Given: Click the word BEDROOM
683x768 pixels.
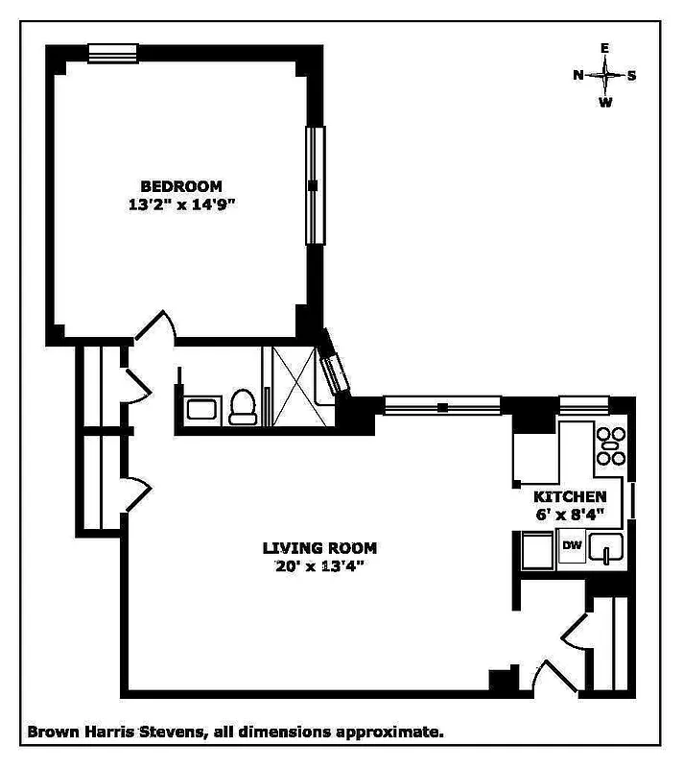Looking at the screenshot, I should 181,186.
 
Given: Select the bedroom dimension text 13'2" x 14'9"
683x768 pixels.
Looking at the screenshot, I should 181,204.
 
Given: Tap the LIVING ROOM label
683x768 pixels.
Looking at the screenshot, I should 319,548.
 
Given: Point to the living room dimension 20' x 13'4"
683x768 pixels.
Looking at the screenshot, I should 319,565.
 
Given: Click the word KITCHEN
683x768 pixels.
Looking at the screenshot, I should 570,496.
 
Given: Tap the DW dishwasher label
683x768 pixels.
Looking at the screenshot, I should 572,546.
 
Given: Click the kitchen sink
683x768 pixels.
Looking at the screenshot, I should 606,549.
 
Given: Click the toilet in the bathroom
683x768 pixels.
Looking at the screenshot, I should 244,408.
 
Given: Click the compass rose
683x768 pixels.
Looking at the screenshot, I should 605,74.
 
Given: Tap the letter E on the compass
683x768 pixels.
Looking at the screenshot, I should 605,48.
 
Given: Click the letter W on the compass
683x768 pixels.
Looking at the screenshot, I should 605,103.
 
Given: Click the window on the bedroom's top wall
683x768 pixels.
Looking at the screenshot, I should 113,54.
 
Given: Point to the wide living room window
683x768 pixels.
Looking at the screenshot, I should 441,406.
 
